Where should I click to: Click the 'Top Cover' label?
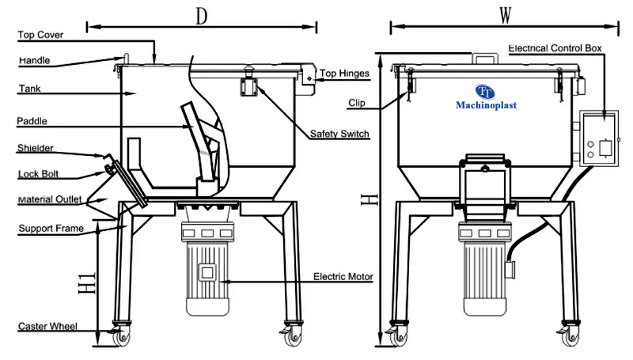tap(40, 35)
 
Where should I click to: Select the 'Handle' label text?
tap(34, 60)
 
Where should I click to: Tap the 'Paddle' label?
tap(32, 121)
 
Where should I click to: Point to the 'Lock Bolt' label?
tap(38, 173)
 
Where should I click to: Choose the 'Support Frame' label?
tap(49, 229)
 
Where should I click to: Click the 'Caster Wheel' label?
tap(47, 326)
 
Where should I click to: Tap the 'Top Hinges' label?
tap(345, 74)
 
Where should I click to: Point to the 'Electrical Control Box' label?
tap(555, 48)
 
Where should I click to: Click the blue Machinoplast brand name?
tap(486, 104)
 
